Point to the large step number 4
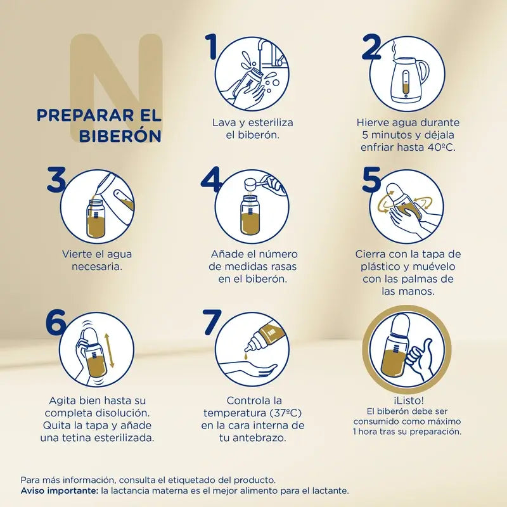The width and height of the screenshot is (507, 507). coord(212,180)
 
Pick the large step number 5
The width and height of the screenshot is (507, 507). coord(371,180)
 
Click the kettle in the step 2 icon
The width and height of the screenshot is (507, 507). coord(408,79)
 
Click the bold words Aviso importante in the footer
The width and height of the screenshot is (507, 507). coord(58,491)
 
